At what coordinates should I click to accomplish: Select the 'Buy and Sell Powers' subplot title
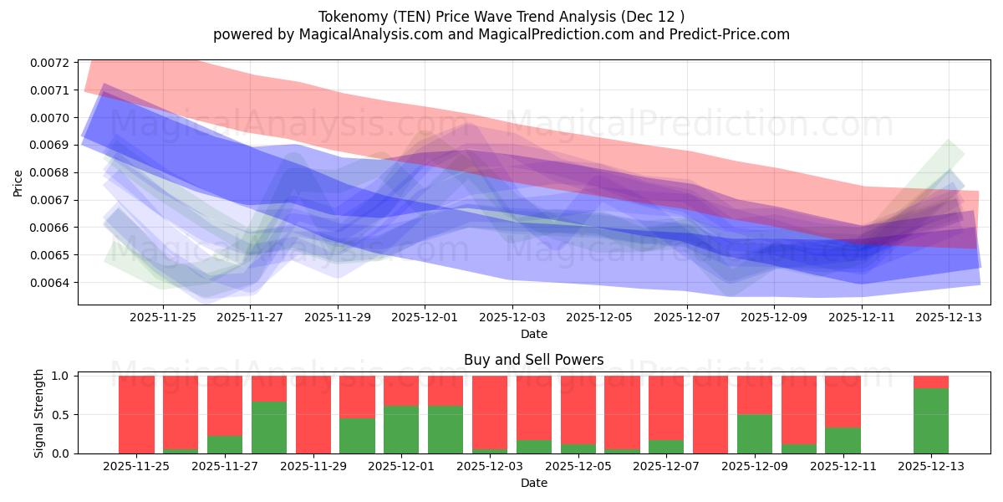[533, 361]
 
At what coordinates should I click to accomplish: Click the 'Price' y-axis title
[18, 182]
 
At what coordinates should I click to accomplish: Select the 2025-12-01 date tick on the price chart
[425, 317]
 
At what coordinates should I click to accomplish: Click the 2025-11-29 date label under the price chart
[338, 317]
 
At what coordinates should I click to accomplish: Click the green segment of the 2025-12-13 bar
[931, 421]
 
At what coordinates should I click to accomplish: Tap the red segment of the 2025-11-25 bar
[136, 414]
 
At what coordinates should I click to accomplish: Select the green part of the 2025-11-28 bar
[269, 428]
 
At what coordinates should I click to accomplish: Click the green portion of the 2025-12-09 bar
[755, 433]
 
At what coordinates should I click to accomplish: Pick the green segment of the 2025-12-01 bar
[401, 429]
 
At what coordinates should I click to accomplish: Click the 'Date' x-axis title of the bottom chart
[533, 483]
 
